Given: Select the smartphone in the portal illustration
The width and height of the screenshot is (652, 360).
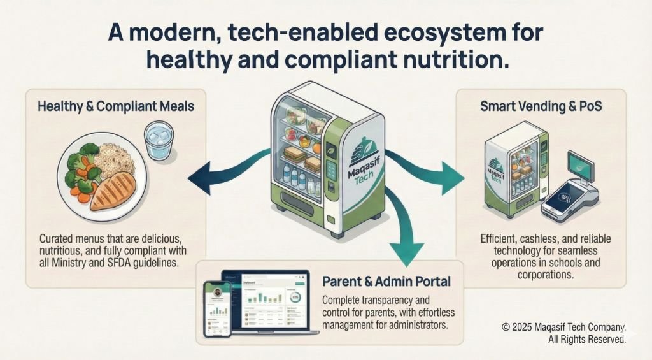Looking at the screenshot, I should [216, 308].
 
